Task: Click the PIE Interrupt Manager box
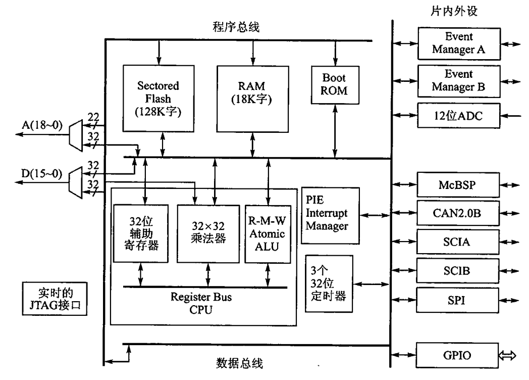(x=331, y=215)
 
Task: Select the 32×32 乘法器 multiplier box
(x=207, y=233)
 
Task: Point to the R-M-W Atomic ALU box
(x=268, y=233)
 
